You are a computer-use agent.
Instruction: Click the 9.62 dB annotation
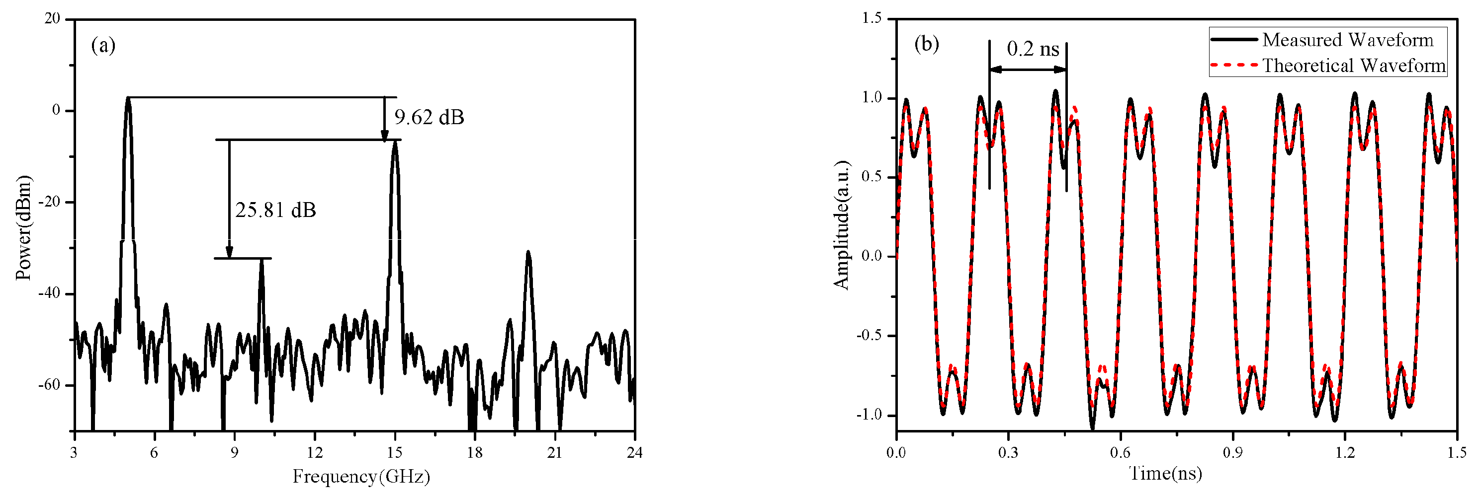[x=429, y=117]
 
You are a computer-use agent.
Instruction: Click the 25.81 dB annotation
[x=275, y=210]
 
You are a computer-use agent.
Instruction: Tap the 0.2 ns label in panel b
[x=1033, y=49]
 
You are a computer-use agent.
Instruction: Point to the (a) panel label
[x=103, y=45]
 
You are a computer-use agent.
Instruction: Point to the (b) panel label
[x=926, y=44]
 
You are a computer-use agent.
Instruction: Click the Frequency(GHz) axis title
[x=361, y=476]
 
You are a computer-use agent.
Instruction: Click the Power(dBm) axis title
[x=23, y=228]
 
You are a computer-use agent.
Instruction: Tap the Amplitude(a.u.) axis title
[x=841, y=224]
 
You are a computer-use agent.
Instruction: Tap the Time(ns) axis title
[x=1166, y=473]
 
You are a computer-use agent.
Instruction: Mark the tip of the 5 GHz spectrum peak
[x=128, y=98]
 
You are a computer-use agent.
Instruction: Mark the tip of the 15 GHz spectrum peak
[x=395, y=142]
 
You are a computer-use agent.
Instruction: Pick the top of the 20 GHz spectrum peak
[x=528, y=252]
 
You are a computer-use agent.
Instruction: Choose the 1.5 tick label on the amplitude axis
[x=871, y=18]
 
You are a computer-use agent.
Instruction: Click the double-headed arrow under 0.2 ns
[x=1028, y=70]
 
